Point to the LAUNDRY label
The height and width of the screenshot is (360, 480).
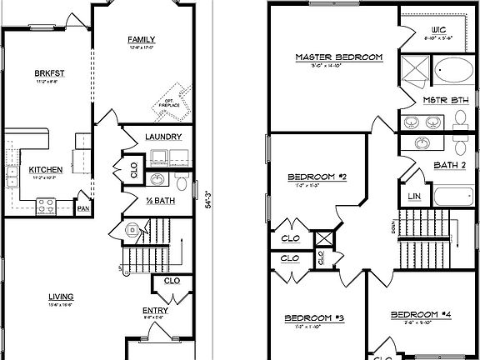point(163,137)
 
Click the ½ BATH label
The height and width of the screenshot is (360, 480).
point(161,200)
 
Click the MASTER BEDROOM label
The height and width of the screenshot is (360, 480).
point(339,57)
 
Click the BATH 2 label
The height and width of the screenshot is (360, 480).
point(449,164)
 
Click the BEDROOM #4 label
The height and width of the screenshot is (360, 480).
point(422,314)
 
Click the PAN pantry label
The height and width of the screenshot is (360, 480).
point(83,208)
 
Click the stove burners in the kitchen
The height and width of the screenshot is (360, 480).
point(46,202)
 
